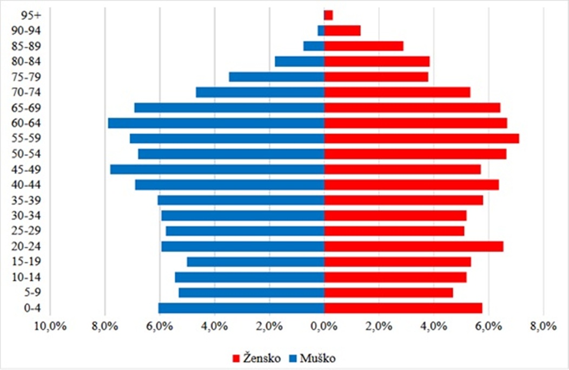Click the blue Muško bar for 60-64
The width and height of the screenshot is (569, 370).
216,123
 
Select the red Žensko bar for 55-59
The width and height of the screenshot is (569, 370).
421,139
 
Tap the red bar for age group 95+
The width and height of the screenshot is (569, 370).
328,15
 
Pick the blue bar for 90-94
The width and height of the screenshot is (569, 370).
321,30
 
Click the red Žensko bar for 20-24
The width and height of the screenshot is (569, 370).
414,246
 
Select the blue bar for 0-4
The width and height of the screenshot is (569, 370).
241,308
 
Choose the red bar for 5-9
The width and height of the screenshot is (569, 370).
388,293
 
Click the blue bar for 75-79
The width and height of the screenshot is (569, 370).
276,77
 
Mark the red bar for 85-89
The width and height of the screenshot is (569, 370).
363,46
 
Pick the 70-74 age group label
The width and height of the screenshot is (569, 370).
23,93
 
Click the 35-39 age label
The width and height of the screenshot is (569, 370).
23,200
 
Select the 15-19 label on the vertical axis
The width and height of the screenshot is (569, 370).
23,262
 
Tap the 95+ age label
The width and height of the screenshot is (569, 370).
23,15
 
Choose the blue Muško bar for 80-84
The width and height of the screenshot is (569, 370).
300,61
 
